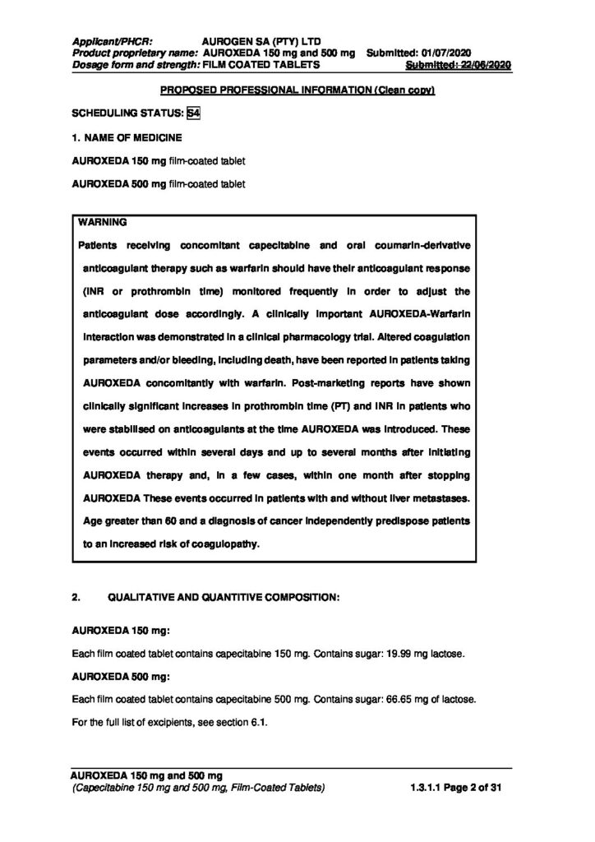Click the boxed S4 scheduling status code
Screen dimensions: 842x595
coord(194,113)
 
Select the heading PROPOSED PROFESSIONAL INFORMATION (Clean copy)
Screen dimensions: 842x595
coord(297,89)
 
